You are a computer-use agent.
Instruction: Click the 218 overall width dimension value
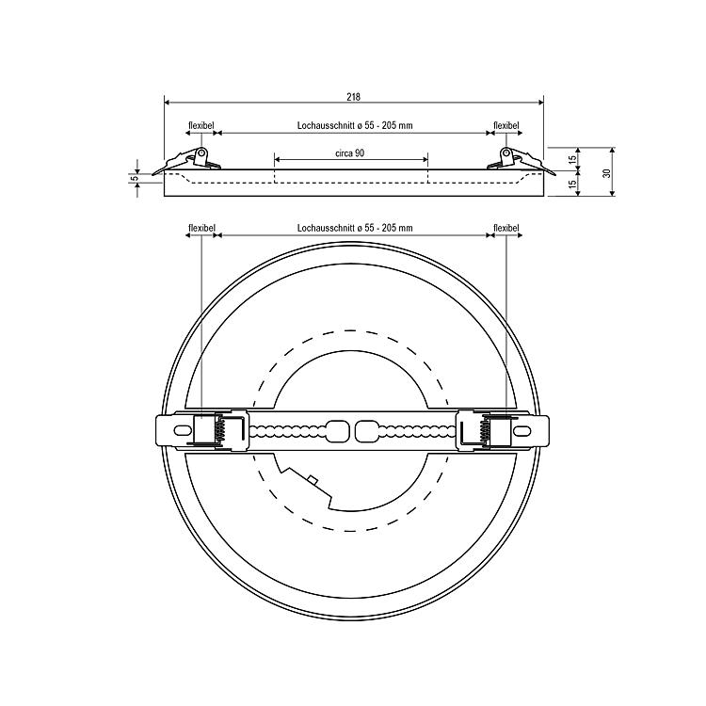tap(353, 97)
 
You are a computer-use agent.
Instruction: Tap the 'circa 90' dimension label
tap(350, 153)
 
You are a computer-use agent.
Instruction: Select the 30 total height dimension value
tap(606, 173)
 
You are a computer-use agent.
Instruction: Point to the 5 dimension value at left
tap(135, 178)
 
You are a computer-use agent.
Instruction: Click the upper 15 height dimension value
tap(571, 159)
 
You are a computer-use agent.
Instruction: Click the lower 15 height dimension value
tap(571, 184)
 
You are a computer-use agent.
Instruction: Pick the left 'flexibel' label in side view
tap(201, 125)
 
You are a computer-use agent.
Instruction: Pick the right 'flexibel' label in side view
tap(506, 125)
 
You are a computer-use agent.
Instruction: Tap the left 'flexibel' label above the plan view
tap(201, 229)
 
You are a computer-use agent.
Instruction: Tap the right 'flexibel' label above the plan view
tap(506, 229)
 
